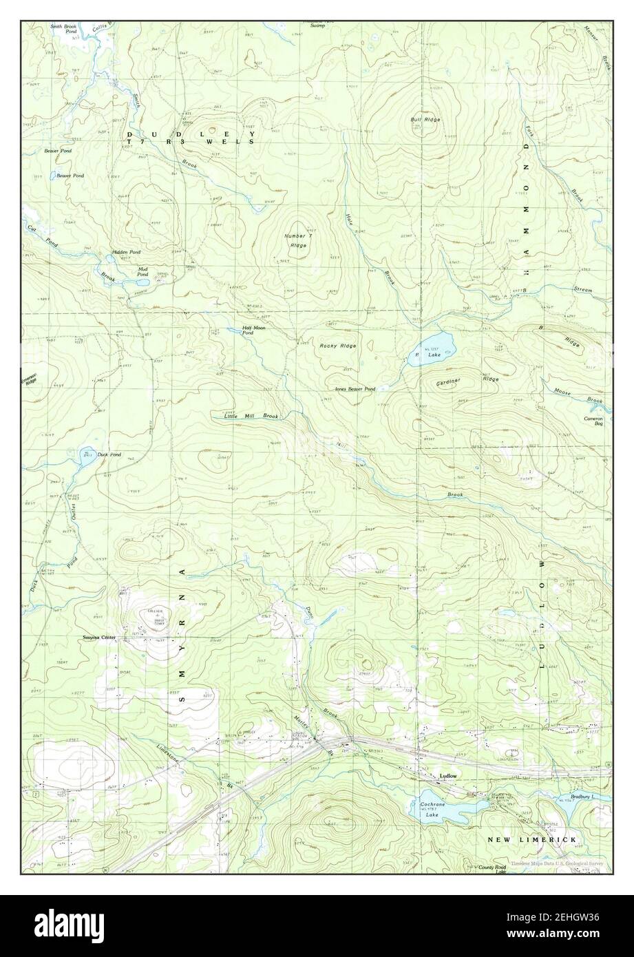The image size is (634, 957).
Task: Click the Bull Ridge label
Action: click(x=425, y=120)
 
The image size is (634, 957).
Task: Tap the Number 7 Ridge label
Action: click(x=299, y=240)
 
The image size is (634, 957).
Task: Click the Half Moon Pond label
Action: click(x=253, y=330)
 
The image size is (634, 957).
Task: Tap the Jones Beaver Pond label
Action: click(x=355, y=389)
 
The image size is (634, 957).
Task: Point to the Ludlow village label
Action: click(x=449, y=777)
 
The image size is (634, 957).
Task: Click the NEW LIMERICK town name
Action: click(x=532, y=840)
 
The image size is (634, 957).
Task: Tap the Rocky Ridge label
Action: click(x=338, y=346)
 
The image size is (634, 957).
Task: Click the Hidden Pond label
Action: click(x=125, y=252)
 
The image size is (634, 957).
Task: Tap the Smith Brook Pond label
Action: click(x=63, y=29)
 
